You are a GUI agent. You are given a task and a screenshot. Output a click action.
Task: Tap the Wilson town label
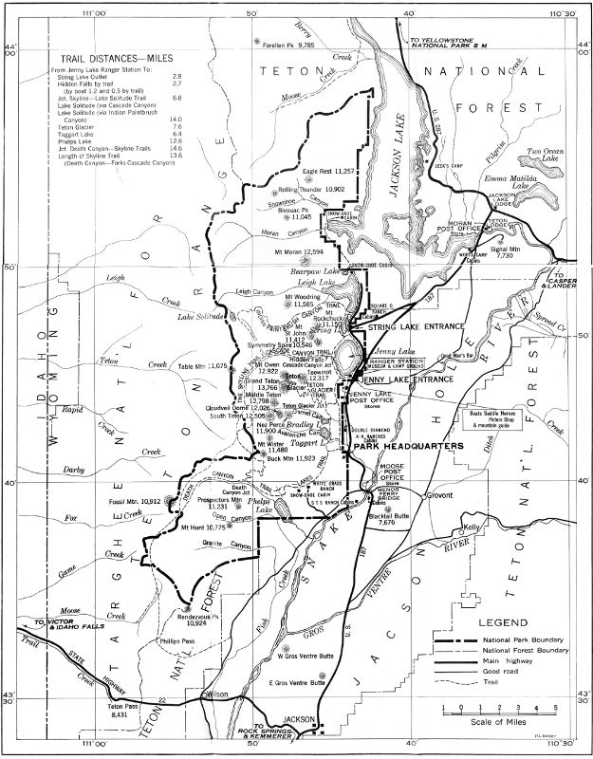coord(219,694)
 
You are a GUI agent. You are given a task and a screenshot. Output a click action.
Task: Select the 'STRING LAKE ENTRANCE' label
coord(409,327)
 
